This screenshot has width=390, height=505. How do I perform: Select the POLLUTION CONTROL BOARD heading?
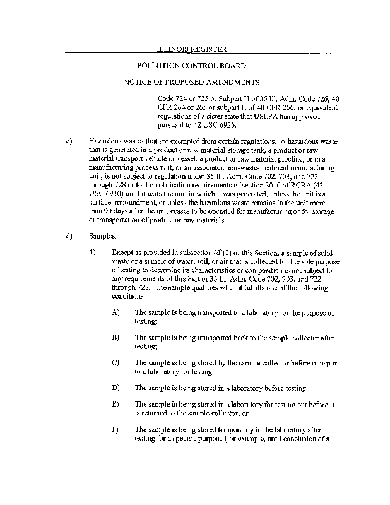pos(191,65)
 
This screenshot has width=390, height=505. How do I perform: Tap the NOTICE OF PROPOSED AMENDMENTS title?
pos(191,82)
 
